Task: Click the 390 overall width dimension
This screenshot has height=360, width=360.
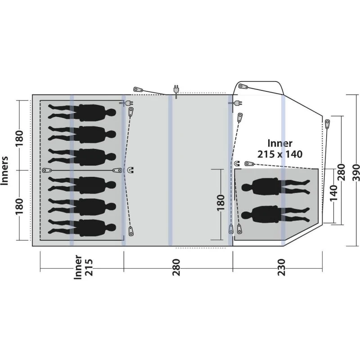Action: (x=355, y=172)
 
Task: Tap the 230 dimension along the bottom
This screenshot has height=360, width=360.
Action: (x=282, y=267)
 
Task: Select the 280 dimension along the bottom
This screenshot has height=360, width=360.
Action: (x=176, y=267)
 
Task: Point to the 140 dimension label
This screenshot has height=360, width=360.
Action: (x=333, y=193)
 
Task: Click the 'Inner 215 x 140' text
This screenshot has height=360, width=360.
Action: (x=280, y=149)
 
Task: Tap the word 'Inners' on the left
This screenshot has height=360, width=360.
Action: (x=4, y=171)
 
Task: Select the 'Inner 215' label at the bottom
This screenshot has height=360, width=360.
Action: (x=83, y=267)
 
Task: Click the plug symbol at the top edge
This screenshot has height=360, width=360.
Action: (x=176, y=91)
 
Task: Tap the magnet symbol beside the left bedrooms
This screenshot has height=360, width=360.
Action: (x=130, y=170)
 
